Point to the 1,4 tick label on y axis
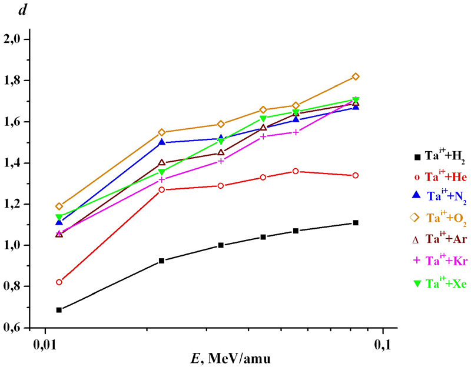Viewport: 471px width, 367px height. tap(13, 163)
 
